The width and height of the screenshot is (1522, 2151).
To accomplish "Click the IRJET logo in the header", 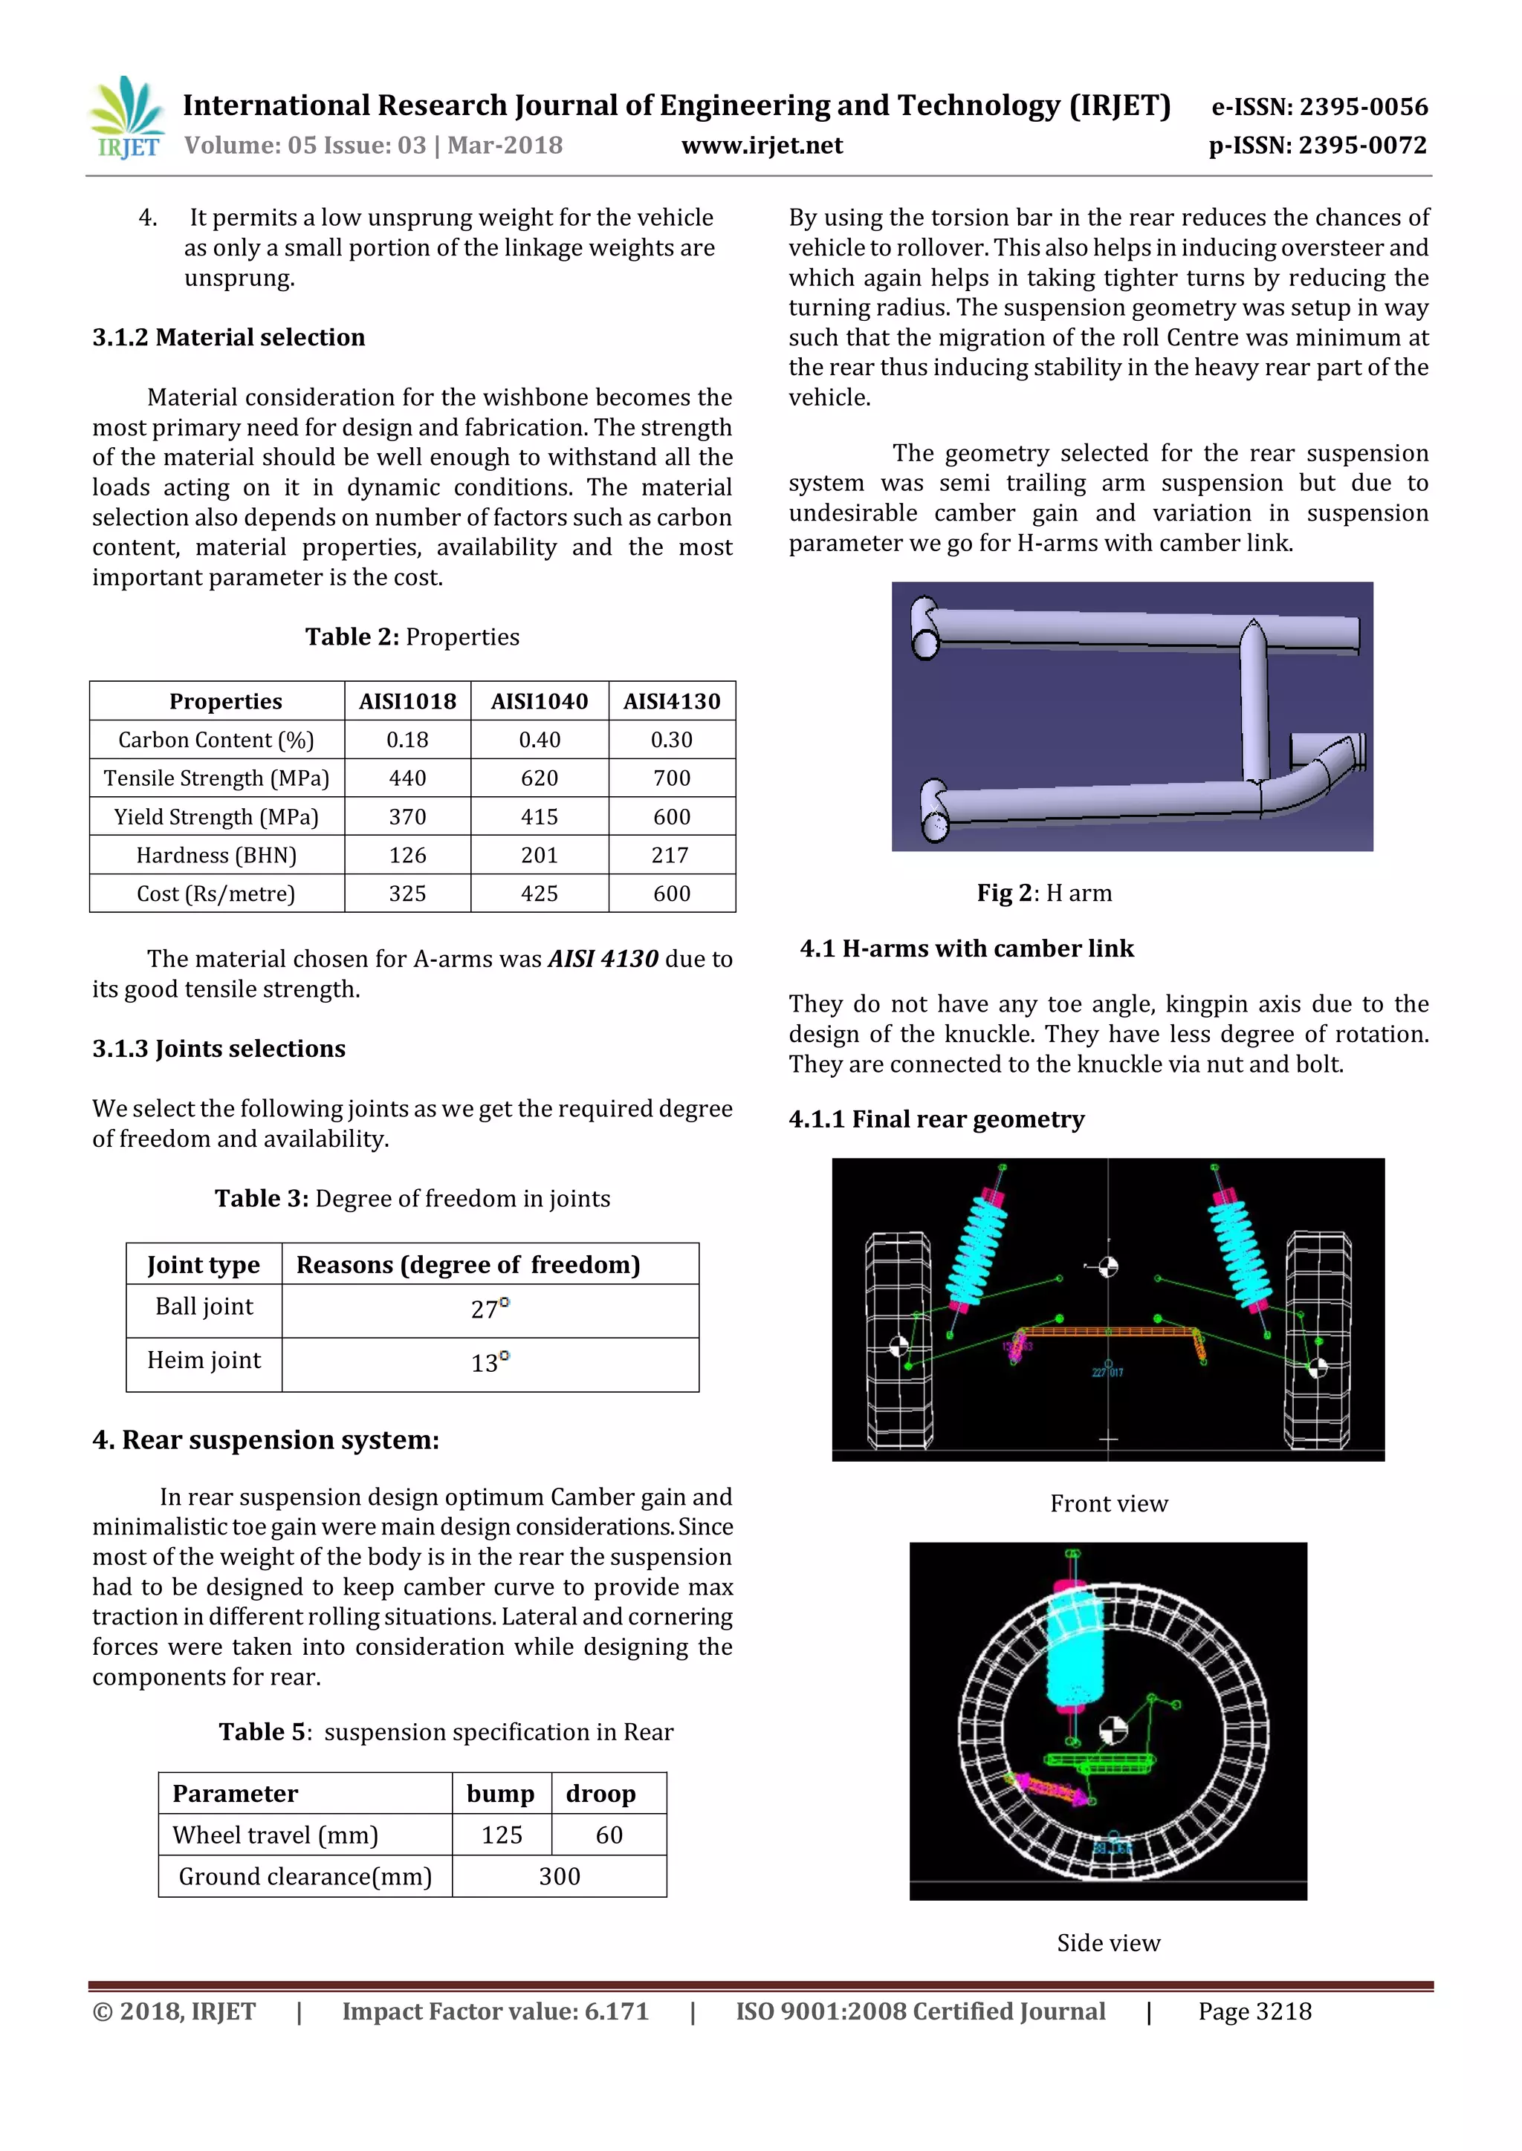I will pos(126,119).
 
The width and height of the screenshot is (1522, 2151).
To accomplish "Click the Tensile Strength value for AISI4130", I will pos(671,778).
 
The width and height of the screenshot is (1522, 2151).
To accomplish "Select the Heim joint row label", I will pos(204,1359).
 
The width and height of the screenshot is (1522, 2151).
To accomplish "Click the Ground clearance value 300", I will pos(559,1875).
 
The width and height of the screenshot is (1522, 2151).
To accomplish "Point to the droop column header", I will pos(600,1793).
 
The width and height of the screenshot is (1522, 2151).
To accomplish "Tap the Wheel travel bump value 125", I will pos(502,1835).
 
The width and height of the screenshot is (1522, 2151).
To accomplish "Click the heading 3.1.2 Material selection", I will pos(229,337).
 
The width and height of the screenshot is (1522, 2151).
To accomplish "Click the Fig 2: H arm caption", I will pos(1043,893).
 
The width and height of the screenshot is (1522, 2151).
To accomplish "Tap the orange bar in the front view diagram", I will pos(1108,1330).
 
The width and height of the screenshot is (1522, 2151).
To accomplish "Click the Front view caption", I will pos(1108,1503).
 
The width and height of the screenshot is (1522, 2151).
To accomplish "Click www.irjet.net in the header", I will pos(761,146).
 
